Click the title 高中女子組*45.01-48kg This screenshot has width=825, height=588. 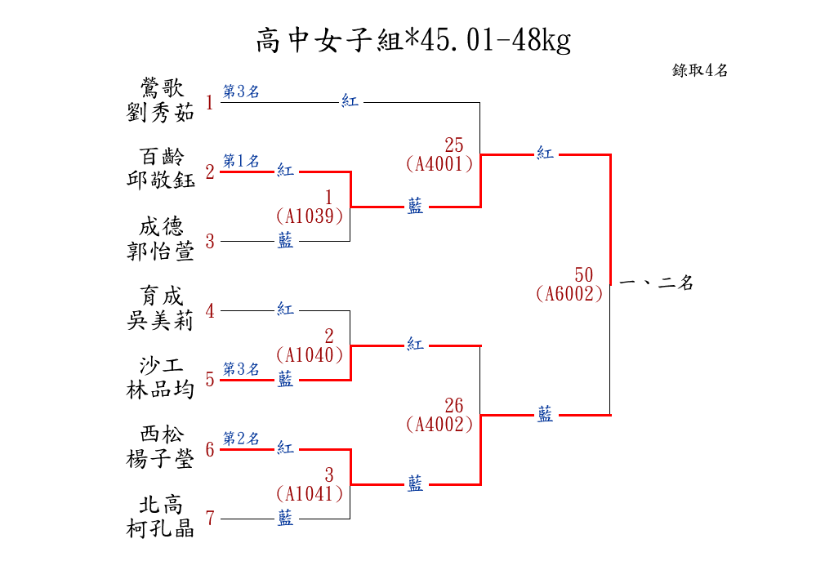[412, 39]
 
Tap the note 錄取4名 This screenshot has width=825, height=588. [700, 71]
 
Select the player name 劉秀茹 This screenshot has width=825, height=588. [161, 113]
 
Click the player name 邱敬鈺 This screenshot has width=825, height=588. [161, 180]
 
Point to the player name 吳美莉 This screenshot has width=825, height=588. [161, 321]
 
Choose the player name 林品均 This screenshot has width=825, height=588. [161, 390]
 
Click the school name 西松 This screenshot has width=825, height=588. [161, 434]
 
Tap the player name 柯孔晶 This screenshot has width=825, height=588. [161, 528]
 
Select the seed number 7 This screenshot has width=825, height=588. [210, 518]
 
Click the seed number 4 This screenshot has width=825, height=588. [210, 310]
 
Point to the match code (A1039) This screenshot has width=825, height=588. [309, 216]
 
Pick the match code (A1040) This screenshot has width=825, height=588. [309, 354]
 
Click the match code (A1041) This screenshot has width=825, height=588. [309, 493]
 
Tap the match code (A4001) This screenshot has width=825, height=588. [439, 163]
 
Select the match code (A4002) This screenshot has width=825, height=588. [439, 424]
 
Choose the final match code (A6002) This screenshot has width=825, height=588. [570, 294]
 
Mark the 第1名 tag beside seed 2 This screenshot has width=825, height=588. [241, 162]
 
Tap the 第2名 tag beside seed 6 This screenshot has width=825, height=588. [241, 439]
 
